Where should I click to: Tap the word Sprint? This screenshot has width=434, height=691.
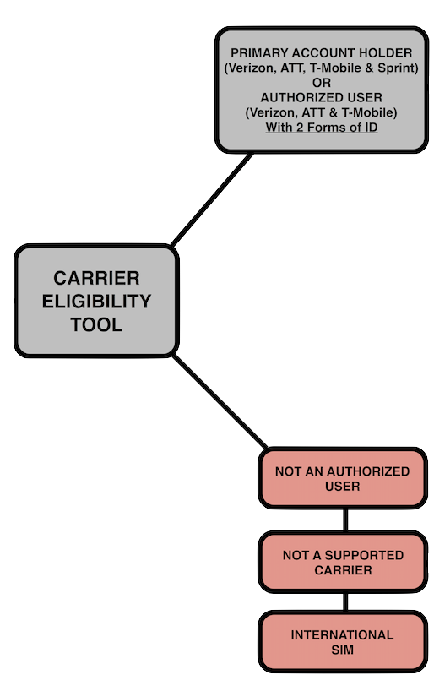point(398,68)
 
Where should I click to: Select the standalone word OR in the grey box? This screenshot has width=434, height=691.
point(321,83)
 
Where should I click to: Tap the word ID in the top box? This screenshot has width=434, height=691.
point(371,128)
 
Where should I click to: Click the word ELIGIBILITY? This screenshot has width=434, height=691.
point(96,302)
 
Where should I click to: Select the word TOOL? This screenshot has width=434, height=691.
point(96,324)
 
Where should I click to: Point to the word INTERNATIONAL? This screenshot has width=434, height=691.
point(342,635)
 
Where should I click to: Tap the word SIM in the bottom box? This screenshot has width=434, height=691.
point(342,650)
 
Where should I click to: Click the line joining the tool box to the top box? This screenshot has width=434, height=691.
point(212,199)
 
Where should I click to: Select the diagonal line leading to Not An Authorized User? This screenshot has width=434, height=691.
point(220,401)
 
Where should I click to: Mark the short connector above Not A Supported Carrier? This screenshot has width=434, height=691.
point(345,520)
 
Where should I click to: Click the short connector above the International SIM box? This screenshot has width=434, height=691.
point(345,602)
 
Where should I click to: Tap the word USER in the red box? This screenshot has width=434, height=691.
point(342,487)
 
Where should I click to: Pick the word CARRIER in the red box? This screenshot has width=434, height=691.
point(343,570)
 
